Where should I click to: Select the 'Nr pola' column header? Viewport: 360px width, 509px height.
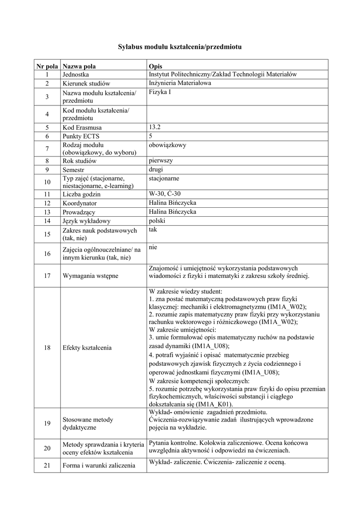47,66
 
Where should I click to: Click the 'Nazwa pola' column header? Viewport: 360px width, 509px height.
79,66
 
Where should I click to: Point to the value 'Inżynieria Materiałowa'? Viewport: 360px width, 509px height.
180,83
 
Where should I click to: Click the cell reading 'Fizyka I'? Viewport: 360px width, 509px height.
160,92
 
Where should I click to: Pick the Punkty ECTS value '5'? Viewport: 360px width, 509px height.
151,136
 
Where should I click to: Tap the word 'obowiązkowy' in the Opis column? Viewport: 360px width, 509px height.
167,145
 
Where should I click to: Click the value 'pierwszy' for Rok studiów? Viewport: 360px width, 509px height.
161,161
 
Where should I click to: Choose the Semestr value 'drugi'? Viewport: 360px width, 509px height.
156,169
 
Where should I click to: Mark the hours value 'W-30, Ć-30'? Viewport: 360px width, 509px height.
165,194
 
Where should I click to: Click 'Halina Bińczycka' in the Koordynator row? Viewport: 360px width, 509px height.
172,203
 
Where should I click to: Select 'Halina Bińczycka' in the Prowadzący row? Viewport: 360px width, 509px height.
172,212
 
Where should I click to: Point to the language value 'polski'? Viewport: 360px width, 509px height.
157,220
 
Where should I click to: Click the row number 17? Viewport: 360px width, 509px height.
47,276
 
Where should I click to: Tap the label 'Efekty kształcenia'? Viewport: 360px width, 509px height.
87,348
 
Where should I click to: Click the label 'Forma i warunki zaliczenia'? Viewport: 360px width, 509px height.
99,466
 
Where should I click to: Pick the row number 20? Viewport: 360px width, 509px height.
47,448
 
